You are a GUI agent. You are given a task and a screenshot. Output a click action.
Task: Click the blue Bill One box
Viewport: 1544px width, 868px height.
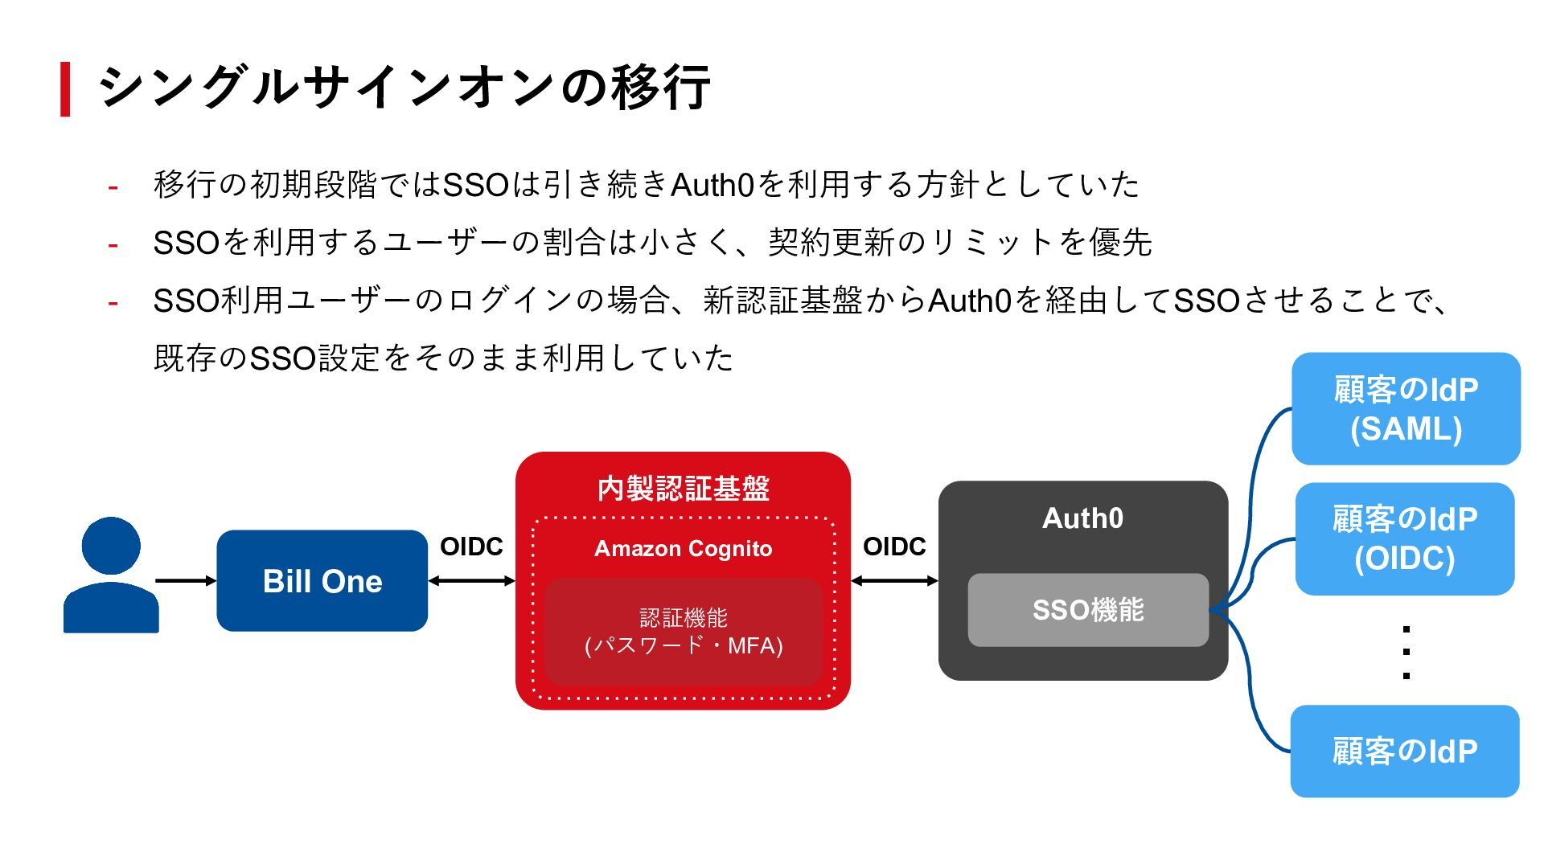click(322, 580)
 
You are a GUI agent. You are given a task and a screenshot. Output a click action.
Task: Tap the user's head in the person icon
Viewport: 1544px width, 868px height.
click(111, 546)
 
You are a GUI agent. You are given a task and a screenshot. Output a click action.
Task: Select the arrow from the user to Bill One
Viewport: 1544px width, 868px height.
click(186, 580)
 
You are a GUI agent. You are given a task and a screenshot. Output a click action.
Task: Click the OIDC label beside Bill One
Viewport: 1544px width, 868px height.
click(471, 547)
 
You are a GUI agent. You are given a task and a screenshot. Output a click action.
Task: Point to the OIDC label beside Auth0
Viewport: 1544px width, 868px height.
click(894, 547)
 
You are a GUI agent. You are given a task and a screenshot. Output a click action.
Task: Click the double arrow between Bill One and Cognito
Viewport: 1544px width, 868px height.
click(471, 580)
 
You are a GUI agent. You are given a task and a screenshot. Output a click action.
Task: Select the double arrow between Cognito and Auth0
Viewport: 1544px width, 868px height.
click(894, 580)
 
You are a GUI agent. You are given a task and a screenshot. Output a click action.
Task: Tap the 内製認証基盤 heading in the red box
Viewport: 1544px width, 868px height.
click(683, 489)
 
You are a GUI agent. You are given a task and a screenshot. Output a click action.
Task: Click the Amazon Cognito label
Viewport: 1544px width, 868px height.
click(683, 548)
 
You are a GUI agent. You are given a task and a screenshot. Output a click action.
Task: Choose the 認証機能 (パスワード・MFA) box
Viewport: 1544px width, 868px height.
click(683, 632)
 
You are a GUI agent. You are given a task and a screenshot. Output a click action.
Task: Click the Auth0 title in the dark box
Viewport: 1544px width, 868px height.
click(1082, 518)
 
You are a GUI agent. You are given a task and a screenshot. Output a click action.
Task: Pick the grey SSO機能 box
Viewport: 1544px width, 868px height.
click(1088, 610)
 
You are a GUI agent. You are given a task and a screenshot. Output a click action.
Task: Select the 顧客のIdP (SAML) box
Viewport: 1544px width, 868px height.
click(1406, 409)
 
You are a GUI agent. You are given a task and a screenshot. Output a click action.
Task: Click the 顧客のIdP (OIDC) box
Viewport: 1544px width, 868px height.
click(1405, 538)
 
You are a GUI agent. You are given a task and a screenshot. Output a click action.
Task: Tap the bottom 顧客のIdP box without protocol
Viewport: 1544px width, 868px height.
click(1405, 751)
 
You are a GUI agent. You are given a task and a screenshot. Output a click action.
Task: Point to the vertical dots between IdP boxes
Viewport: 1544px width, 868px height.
click(1406, 652)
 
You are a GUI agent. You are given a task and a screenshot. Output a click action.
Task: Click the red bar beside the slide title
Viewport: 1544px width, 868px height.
click(65, 88)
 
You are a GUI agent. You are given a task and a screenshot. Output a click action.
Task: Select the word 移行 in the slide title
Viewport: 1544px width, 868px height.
click(661, 87)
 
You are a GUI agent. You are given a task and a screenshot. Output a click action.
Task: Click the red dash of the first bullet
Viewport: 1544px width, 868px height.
click(113, 187)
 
